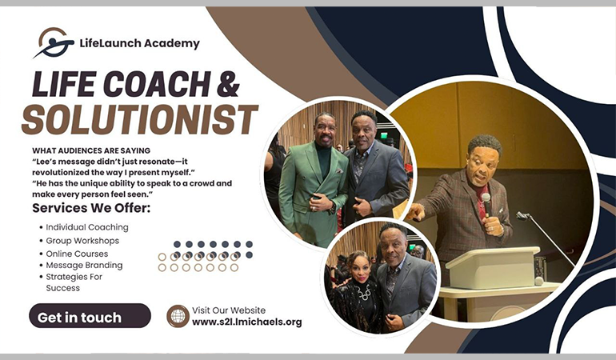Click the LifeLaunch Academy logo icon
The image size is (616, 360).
pos(54,42)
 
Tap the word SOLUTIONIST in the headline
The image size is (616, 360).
pos(139,119)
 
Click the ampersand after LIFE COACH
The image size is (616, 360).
pos(228,84)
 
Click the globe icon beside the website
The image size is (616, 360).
pos(178,316)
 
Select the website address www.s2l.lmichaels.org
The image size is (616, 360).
pos(247,322)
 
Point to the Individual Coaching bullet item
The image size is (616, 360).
pos(87,227)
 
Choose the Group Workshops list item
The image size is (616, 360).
pos(82,241)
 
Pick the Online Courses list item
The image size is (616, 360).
pos(77,254)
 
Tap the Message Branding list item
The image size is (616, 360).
pos(84,266)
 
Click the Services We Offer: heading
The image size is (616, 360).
pos(91,208)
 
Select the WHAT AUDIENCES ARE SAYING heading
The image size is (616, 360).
pos(91,150)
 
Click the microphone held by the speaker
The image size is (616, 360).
pos(486,204)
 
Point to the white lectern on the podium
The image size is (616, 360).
pos(493,267)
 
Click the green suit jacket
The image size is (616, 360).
pos(312,190)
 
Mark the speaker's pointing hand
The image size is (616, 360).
pos(415,212)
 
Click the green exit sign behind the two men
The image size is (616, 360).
pos(383,135)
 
